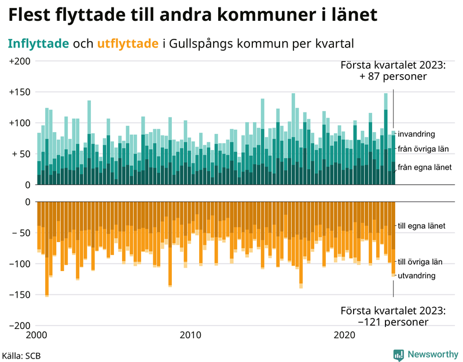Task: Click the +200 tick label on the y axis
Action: (20, 61)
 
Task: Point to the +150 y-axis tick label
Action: (20, 92)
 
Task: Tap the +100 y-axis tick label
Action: (20, 123)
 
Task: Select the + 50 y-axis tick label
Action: (21, 154)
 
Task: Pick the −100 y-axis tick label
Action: (20, 264)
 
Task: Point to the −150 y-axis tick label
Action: (20, 295)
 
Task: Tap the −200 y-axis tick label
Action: (20, 326)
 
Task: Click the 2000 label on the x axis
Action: (37, 335)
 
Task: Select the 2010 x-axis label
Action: (190, 335)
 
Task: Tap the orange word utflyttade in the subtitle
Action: (127, 43)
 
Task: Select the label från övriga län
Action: (424, 149)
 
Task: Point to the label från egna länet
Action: (425, 167)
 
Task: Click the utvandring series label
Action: (416, 276)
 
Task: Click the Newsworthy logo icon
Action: (399, 354)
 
